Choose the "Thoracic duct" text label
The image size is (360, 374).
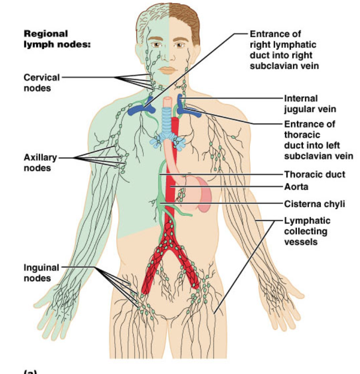pos(315,175)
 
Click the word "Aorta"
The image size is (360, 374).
pos(296,187)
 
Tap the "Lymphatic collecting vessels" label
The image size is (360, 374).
pos(307,231)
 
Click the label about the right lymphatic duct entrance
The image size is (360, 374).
pos(284,50)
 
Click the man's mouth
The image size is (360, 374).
pos(169,70)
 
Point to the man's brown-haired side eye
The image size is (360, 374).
pos(181,45)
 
